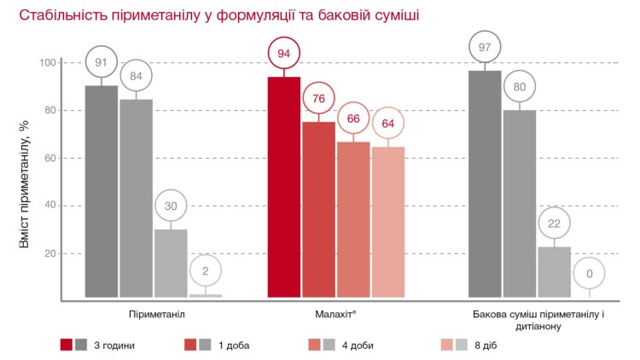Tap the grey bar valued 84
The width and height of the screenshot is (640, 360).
coord(136,198)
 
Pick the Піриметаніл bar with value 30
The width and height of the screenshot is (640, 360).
coord(171,263)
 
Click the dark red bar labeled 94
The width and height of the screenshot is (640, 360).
coord(284,187)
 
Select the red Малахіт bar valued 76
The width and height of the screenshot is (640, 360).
coord(318,209)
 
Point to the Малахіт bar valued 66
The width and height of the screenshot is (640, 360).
coord(353,219)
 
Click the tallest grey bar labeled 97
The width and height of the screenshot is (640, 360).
coord(486,183)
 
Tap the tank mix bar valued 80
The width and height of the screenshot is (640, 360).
coord(520,203)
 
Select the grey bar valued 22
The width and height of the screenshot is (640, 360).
coord(555,271)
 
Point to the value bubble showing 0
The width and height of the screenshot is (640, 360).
coord(590,273)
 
